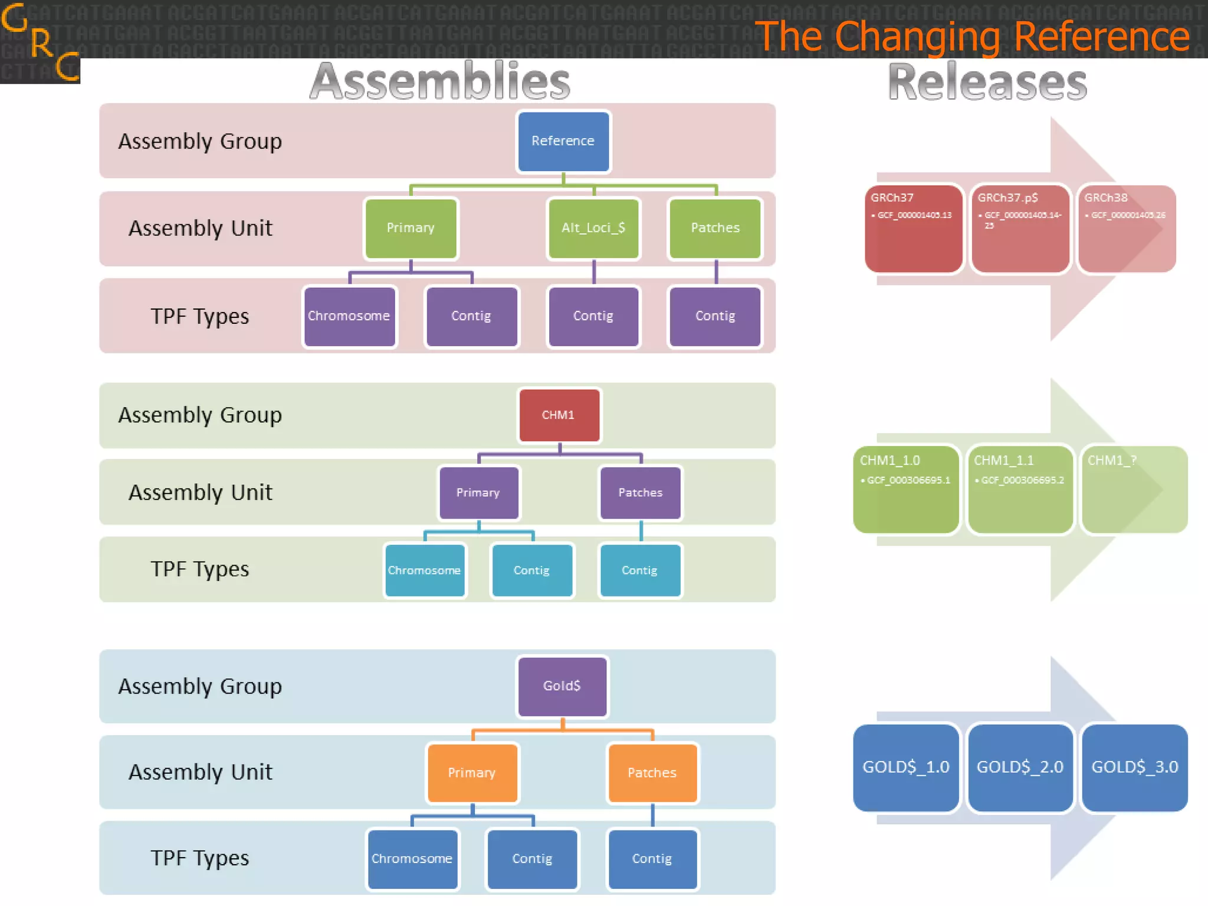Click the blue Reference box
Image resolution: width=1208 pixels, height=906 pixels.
563,142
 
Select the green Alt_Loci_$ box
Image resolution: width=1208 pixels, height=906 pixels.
593,228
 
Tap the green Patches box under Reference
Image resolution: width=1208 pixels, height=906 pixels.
715,228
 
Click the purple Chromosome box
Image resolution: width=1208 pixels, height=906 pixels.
349,317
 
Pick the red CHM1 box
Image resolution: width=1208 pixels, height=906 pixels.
559,415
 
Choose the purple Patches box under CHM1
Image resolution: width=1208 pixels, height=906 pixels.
640,493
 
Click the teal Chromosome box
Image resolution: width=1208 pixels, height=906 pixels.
425,570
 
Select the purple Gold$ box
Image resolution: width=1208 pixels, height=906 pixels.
562,686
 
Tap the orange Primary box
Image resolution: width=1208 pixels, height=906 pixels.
472,773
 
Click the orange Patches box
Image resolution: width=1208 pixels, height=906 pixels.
652,773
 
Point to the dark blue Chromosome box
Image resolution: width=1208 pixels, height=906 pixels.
412,859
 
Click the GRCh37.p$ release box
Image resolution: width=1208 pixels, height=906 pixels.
1020,229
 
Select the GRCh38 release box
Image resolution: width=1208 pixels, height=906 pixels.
1127,229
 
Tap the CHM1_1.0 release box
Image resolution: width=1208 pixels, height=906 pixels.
905,490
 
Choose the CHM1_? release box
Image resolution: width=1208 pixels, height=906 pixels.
1134,490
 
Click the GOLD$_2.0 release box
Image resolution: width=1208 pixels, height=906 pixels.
1020,767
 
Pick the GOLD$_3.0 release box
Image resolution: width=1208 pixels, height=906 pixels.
1134,767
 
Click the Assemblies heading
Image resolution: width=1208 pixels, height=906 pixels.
440,81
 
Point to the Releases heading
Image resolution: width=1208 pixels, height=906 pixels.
987,81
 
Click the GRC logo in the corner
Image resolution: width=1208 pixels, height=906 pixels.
40,41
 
